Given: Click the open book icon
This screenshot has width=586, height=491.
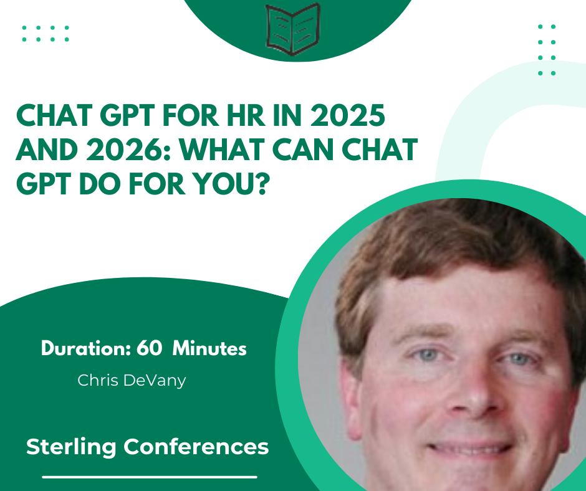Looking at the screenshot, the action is [293, 29].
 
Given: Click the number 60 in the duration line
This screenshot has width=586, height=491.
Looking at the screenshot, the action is [149, 348].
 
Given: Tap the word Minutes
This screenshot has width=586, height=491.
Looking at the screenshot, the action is [209, 348].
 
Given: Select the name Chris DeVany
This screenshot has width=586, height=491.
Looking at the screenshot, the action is [132, 381].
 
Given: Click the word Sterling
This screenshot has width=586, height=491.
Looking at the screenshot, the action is [71, 447].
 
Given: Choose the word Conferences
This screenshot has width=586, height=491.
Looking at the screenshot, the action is [196, 447].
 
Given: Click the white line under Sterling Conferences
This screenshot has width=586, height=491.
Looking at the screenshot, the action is [150, 477].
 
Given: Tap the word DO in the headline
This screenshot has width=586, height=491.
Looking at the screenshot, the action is [101, 184].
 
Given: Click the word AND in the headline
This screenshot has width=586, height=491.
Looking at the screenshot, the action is [47, 150].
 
